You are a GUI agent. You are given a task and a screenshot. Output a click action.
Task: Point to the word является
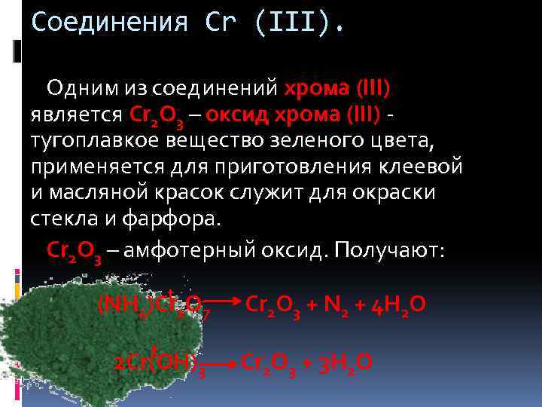pos(76,115)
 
